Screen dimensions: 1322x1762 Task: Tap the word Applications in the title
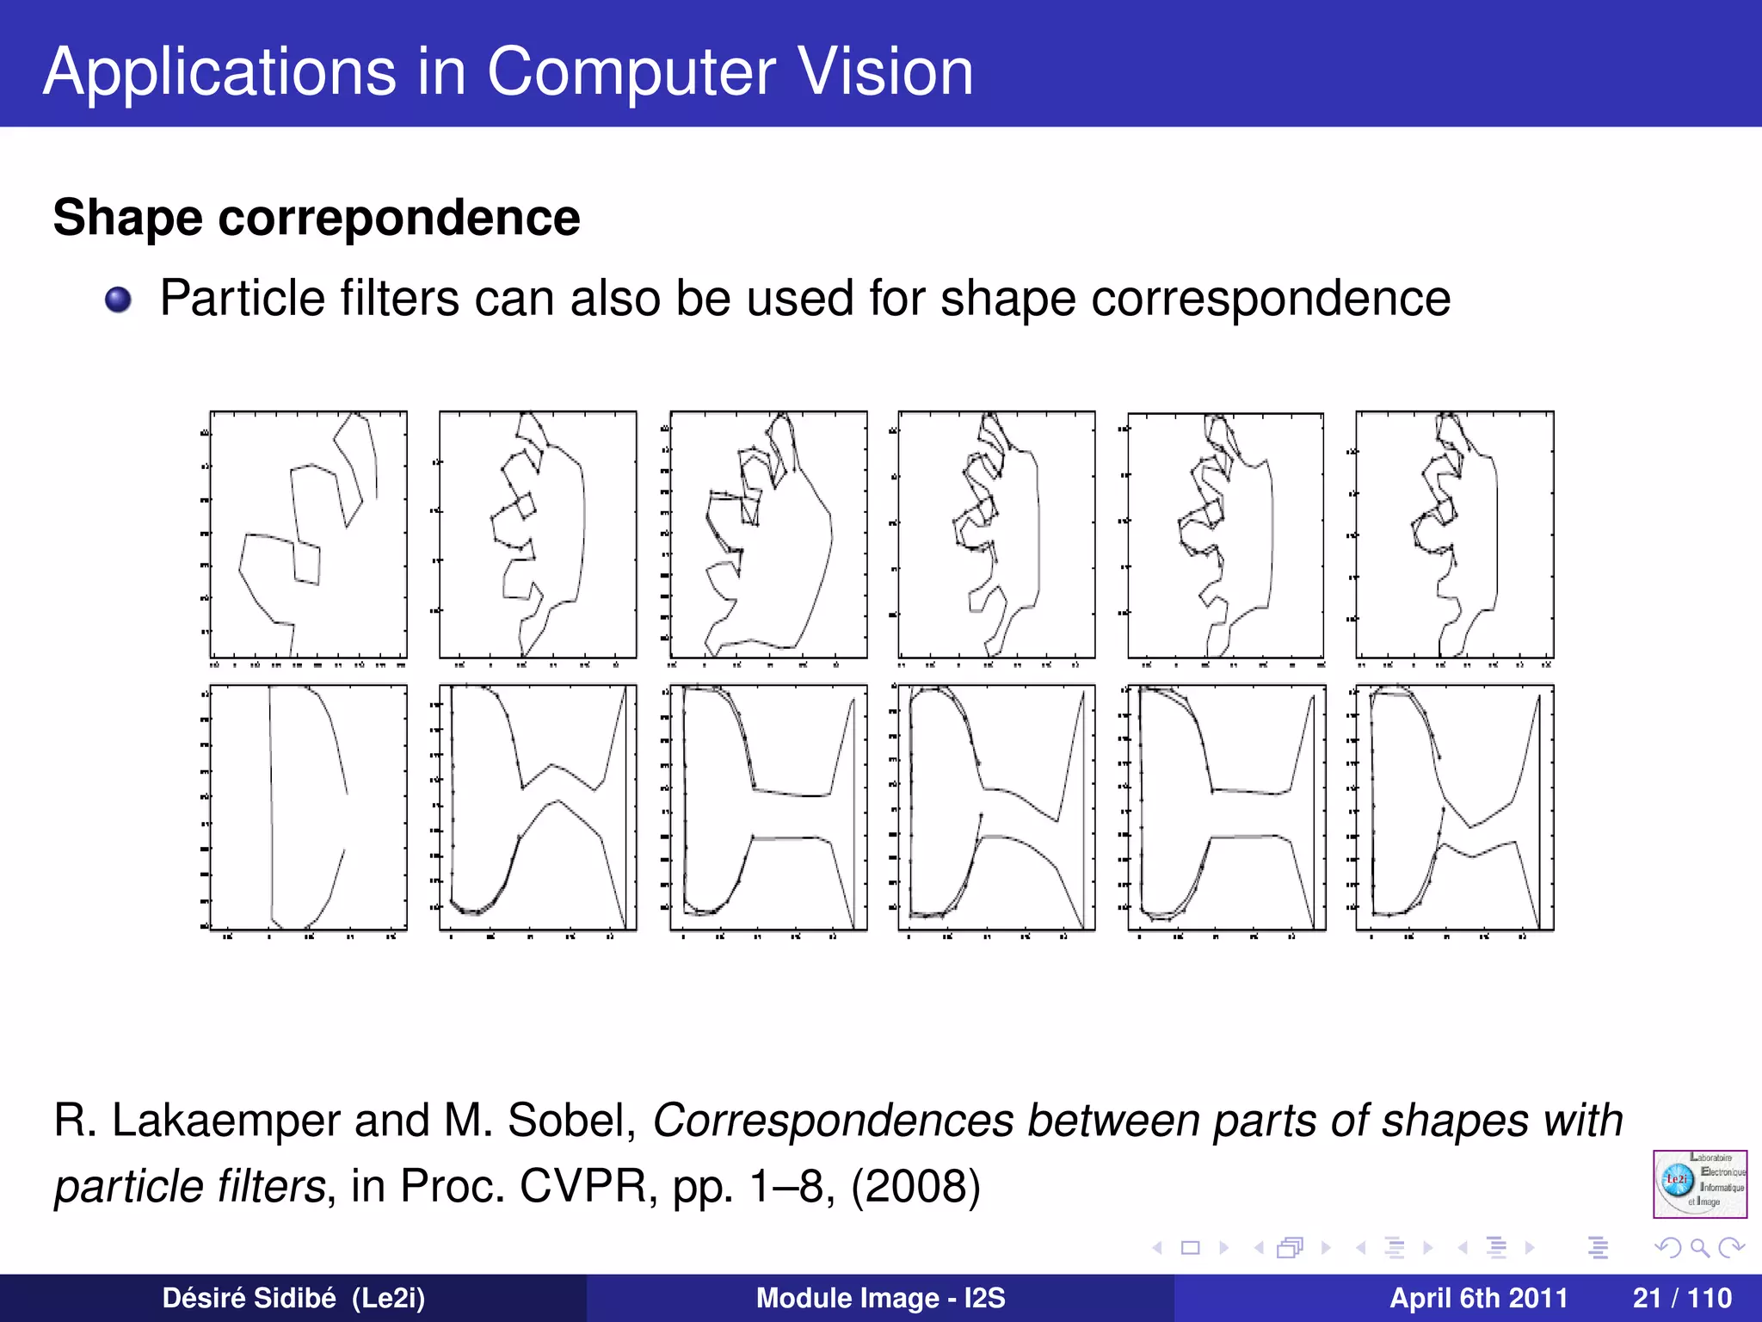pyautogui.click(x=220, y=72)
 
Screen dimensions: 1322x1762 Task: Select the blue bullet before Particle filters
pyautogui.click(x=118, y=300)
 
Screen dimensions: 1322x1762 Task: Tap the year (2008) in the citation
pyautogui.click(x=915, y=1186)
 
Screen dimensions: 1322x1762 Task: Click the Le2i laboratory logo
pyautogui.click(x=1699, y=1183)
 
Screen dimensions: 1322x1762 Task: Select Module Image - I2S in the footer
pyautogui.click(x=880, y=1298)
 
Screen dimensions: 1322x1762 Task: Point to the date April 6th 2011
pyautogui.click(x=1478, y=1298)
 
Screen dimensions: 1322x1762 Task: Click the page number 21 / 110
pyautogui.click(x=1682, y=1298)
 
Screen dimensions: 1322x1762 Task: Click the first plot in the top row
pyautogui.click(x=308, y=535)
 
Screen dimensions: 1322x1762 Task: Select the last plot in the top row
pyautogui.click(x=1454, y=535)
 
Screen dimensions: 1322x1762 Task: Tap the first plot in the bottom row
pyautogui.click(x=308, y=807)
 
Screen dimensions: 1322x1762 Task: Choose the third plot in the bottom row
pyautogui.click(x=768, y=807)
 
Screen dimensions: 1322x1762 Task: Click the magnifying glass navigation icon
pyautogui.click(x=1699, y=1247)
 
